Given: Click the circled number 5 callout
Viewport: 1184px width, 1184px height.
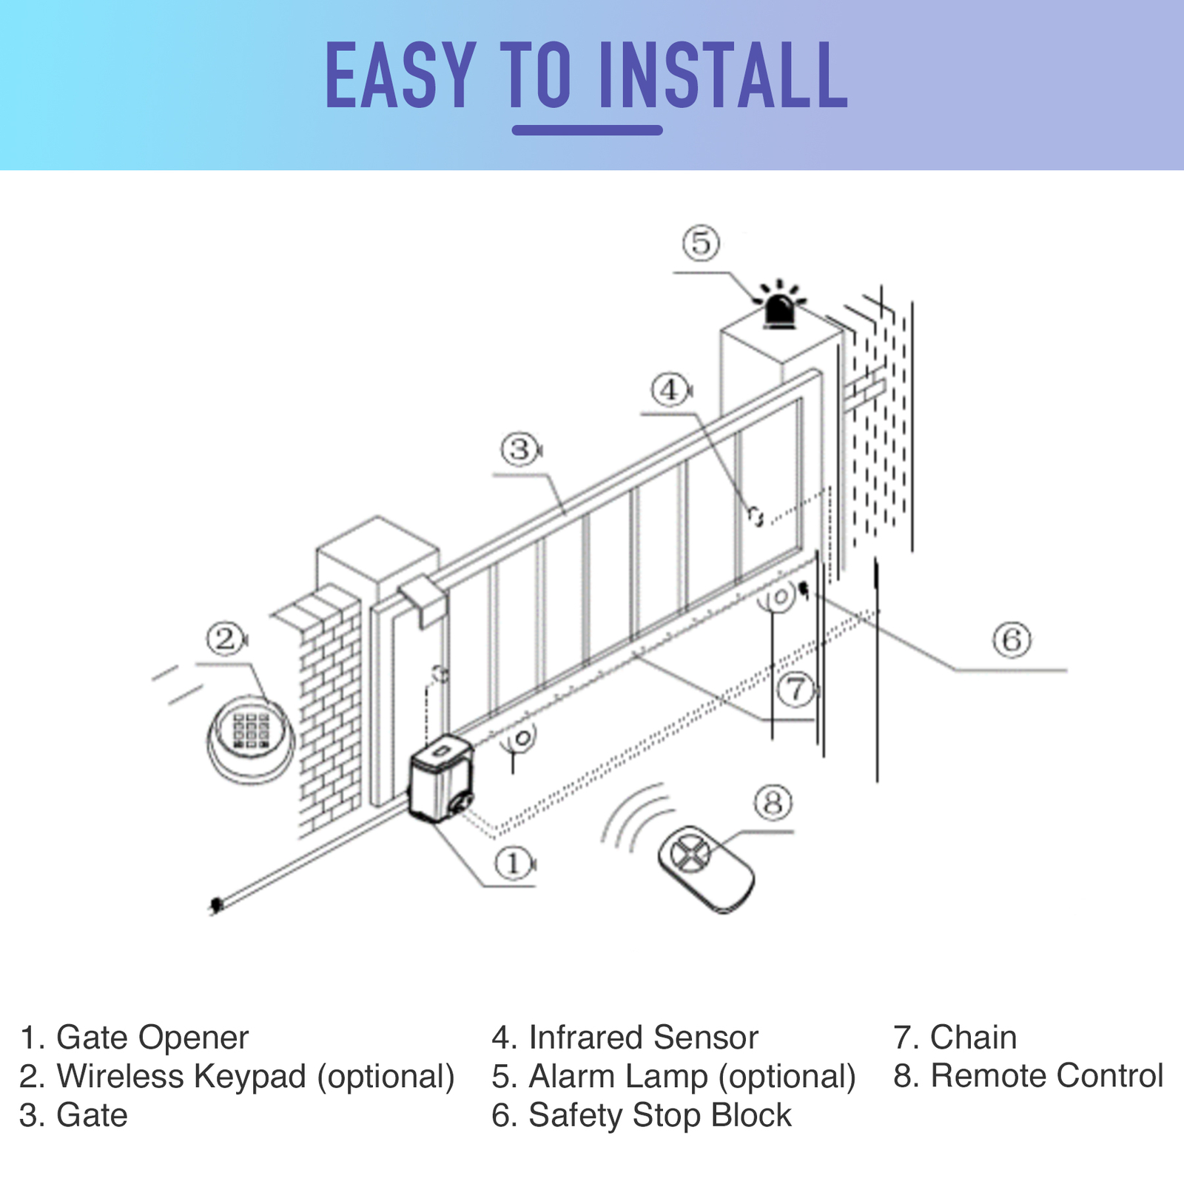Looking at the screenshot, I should [x=701, y=243].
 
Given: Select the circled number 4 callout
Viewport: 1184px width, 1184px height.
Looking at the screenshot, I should [x=669, y=389].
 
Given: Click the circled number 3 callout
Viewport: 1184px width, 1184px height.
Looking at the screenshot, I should [x=519, y=448].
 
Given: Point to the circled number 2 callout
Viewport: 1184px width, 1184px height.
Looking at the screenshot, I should [x=225, y=638].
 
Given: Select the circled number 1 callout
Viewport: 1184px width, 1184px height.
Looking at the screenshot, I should [x=513, y=863].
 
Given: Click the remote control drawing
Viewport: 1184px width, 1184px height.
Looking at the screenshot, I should [x=705, y=869].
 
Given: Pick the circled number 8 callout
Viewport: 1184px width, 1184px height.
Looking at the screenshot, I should [x=773, y=802].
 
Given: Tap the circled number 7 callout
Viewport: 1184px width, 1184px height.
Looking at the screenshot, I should [x=796, y=689].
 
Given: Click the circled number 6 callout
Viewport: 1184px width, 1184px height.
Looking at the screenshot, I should [x=1012, y=639].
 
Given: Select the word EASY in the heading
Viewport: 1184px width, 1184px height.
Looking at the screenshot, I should [x=400, y=76].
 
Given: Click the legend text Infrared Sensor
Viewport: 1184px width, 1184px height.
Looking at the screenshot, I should [x=642, y=1037].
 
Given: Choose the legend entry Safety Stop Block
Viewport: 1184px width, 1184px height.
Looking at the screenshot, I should [x=659, y=1115].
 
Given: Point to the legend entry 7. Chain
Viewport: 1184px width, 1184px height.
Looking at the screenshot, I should [x=955, y=1037].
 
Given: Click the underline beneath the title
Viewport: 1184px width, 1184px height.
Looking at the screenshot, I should [x=587, y=131].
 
